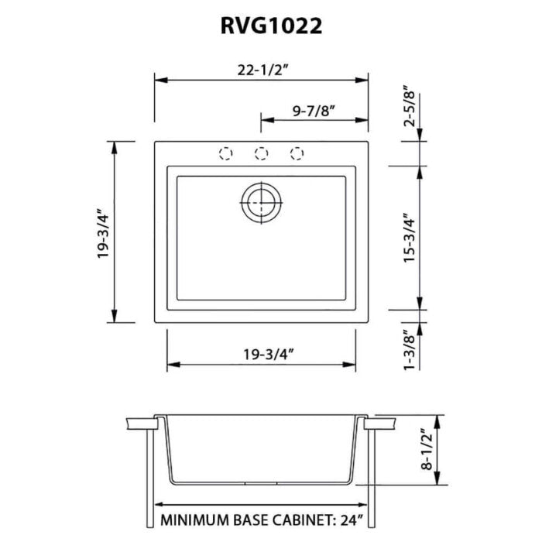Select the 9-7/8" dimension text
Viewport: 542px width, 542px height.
tap(314, 109)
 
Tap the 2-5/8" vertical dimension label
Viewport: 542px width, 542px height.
tap(410, 108)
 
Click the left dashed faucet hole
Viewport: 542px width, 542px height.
tap(226, 153)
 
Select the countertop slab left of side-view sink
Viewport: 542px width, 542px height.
tap(139, 424)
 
